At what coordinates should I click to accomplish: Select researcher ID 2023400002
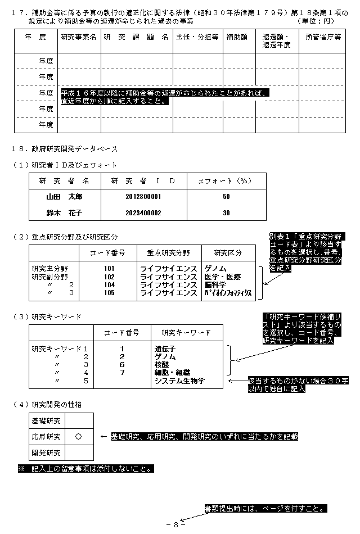click(143, 213)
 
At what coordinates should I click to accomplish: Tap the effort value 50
click(226, 197)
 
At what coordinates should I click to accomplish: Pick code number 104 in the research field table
click(109, 285)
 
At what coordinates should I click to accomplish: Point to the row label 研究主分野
click(49, 269)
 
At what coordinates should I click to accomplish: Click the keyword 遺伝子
click(164, 349)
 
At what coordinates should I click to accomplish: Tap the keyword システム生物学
click(179, 381)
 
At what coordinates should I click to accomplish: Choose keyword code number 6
click(121, 364)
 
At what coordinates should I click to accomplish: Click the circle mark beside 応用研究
click(79, 436)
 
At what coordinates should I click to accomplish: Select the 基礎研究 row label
click(47, 420)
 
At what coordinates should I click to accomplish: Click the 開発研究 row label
click(47, 452)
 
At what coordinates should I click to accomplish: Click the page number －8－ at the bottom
click(176, 524)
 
